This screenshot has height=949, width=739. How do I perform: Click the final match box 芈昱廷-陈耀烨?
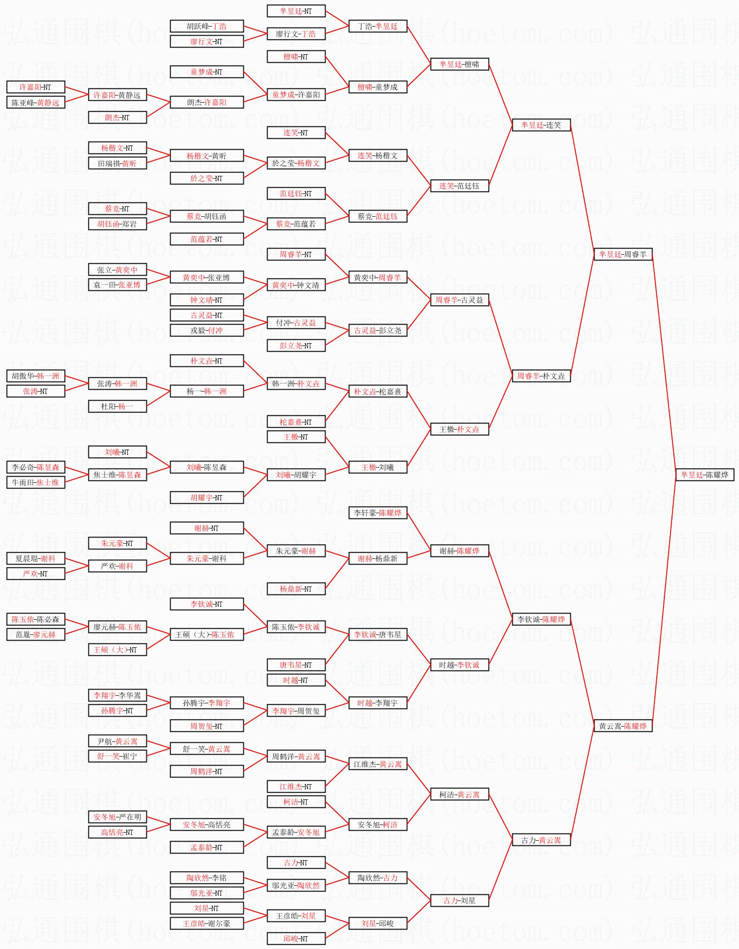[x=705, y=474]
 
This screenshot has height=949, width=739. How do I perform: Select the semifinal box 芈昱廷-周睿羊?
[x=623, y=254]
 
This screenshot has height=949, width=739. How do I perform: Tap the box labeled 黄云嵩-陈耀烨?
[x=623, y=726]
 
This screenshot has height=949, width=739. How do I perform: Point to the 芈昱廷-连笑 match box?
[x=541, y=125]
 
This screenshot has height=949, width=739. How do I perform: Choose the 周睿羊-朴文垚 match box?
[x=541, y=376]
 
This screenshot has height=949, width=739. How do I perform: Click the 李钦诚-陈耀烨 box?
[x=541, y=619]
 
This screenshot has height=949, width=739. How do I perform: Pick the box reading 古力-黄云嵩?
[x=541, y=840]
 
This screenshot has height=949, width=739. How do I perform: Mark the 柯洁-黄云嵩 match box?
[x=459, y=794]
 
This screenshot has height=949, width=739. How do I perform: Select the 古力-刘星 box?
[x=459, y=901]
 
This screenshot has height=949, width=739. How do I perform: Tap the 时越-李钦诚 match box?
[x=459, y=665]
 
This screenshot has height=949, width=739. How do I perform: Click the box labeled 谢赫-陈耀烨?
[x=459, y=551]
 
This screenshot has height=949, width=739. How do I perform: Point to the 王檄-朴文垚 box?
[x=459, y=429]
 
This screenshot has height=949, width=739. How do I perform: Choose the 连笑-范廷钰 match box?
[x=459, y=186]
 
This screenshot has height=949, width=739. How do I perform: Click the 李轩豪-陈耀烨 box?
[x=377, y=513]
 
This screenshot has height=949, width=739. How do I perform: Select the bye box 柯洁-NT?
[x=296, y=802]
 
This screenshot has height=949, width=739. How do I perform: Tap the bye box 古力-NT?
[x=296, y=863]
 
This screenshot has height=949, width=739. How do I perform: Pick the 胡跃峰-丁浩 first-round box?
[x=206, y=26]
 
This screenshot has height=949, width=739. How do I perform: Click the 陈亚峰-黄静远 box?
[x=36, y=102]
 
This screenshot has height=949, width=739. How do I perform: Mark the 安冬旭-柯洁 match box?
[x=377, y=824]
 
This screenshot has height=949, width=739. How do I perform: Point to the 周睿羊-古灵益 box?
[x=459, y=300]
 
